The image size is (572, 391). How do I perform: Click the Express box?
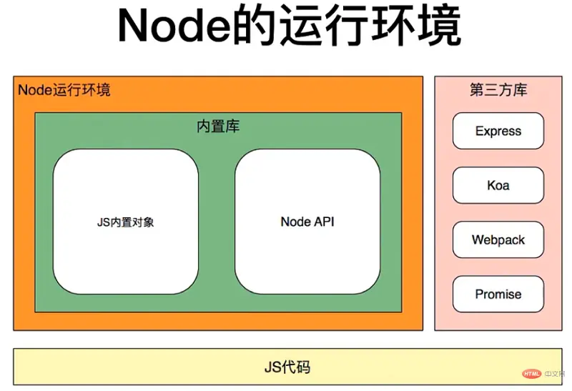click(x=498, y=132)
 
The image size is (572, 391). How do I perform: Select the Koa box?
click(x=498, y=186)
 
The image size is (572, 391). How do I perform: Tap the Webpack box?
click(x=498, y=240)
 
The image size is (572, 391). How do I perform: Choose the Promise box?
click(x=498, y=295)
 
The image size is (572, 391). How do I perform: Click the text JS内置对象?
click(x=126, y=222)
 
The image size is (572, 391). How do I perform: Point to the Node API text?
click(x=307, y=222)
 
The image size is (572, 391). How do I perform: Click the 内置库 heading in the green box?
click(x=218, y=127)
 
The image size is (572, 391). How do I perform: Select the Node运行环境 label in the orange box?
click(x=64, y=90)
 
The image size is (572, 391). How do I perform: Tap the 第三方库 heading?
click(x=498, y=90)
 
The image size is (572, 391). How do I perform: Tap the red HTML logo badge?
click(x=531, y=373)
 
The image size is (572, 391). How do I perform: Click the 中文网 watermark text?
click(x=553, y=373)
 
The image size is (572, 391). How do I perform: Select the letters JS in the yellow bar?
click(x=272, y=368)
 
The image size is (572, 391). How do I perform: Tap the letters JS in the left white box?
click(x=103, y=222)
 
